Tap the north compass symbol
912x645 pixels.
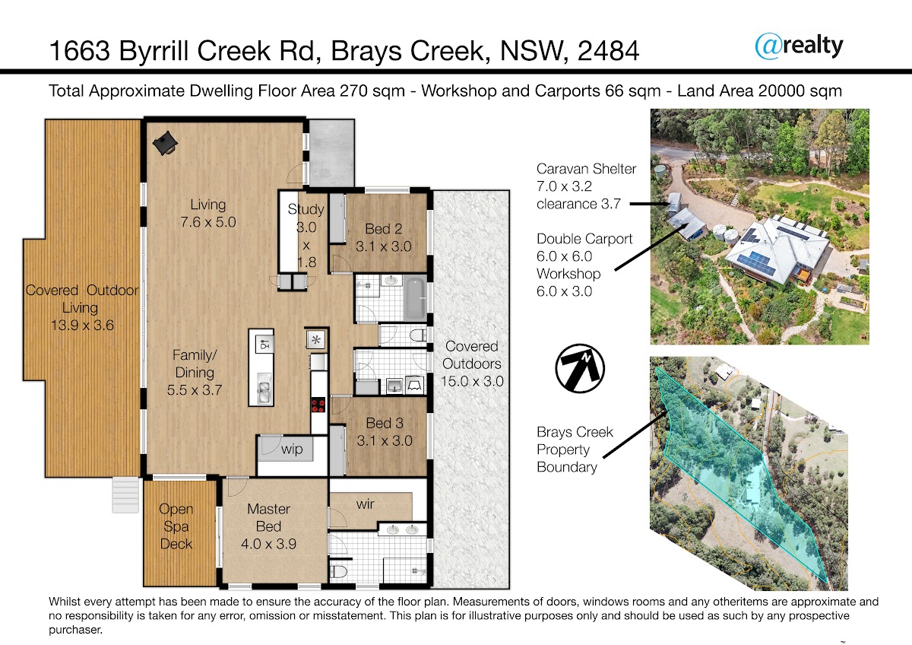580,368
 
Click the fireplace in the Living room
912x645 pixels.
166,142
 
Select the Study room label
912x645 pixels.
306,209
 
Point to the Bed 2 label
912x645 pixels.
384,229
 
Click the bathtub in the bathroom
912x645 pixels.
414,299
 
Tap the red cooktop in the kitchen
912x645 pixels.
318,405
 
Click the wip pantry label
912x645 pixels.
292,449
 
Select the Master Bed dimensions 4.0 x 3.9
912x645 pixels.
269,544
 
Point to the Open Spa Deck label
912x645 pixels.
176,526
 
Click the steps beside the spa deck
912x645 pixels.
126,495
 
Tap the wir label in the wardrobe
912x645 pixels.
365,504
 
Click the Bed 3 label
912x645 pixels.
385,423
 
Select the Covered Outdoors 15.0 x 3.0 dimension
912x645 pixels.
472,381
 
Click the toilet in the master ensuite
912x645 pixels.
339,572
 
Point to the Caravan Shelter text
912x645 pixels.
586,169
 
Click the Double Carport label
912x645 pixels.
584,239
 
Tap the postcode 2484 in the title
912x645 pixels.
608,51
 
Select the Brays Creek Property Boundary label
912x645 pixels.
575,450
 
